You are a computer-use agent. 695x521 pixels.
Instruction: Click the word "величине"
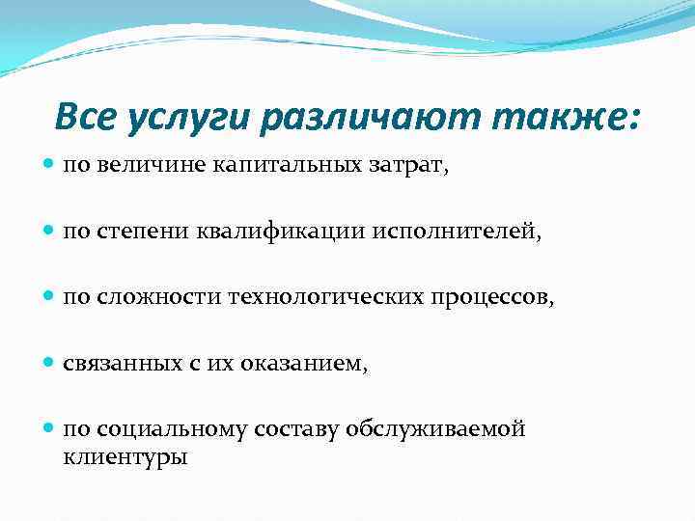[136, 166]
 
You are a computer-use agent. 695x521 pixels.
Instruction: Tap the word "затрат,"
[388, 166]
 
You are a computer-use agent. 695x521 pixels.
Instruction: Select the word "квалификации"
[273, 232]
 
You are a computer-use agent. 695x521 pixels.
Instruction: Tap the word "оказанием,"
[315, 364]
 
